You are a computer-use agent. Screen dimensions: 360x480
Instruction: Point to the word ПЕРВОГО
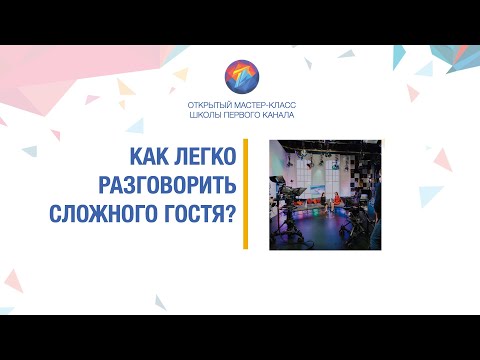pyautogui.click(x=242, y=115)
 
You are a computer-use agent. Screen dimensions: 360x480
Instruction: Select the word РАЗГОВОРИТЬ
pyautogui.click(x=178, y=185)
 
